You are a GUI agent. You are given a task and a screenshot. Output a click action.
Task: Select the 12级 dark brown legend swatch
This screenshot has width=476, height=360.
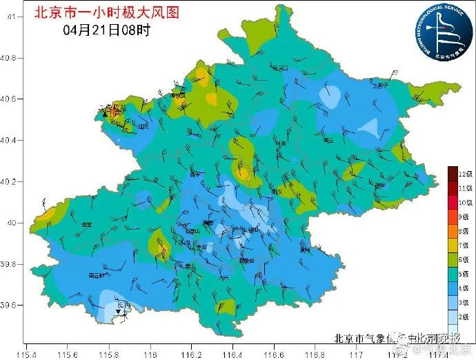(453, 172)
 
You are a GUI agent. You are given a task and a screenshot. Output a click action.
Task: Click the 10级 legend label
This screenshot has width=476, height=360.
(466, 201)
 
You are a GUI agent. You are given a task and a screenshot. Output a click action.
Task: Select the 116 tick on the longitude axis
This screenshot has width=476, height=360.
(150, 351)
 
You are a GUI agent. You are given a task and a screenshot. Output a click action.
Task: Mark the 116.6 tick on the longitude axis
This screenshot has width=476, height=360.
(274, 351)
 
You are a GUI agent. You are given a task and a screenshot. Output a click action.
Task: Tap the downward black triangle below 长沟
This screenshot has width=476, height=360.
(118, 312)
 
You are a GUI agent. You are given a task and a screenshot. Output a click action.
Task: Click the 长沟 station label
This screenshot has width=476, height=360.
(123, 304)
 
